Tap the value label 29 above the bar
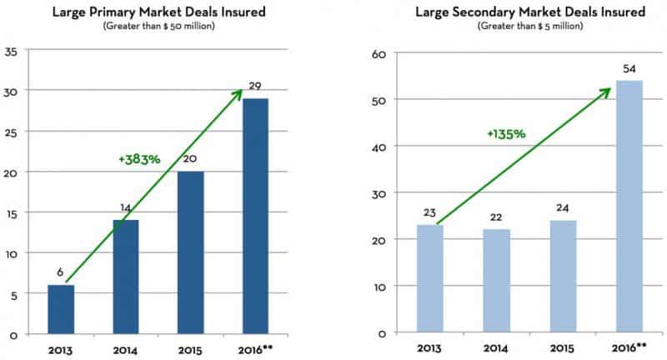pos(256,86)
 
